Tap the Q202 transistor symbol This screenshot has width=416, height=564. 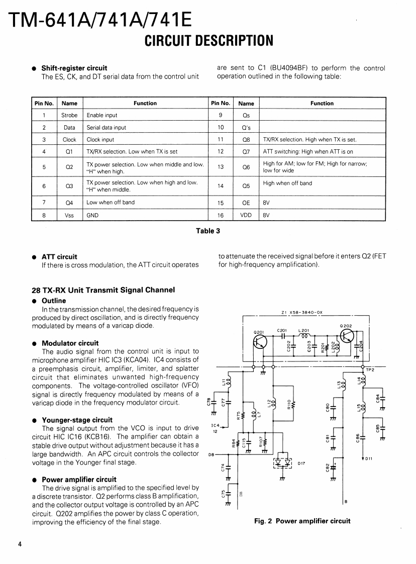pyautogui.click(x=347, y=337)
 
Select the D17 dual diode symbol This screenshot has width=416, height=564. pyautogui.click(x=283, y=463)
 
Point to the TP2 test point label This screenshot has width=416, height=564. pyautogui.click(x=371, y=370)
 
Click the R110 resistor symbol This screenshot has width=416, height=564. pyautogui.click(x=293, y=405)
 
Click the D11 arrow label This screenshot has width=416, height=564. pyautogui.click(x=368, y=458)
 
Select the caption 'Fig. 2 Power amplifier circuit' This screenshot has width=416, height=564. pyautogui.click(x=302, y=521)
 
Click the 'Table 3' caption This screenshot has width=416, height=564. pyautogui.click(x=208, y=231)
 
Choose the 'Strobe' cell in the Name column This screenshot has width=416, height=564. pyautogui.click(x=69, y=116)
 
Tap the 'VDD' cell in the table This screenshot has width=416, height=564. pyautogui.click(x=246, y=215)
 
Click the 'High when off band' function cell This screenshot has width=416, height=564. pyautogui.click(x=287, y=183)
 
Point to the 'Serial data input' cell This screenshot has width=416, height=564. pyautogui.click(x=107, y=128)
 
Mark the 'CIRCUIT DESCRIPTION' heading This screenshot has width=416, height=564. pyautogui.click(x=209, y=40)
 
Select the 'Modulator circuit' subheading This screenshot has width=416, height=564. pyautogui.click(x=70, y=343)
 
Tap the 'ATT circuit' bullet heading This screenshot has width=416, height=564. pyautogui.click(x=59, y=257)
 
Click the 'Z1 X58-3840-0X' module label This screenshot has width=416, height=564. pyautogui.click(x=302, y=312)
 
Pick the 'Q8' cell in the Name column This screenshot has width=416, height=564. pyautogui.click(x=246, y=140)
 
